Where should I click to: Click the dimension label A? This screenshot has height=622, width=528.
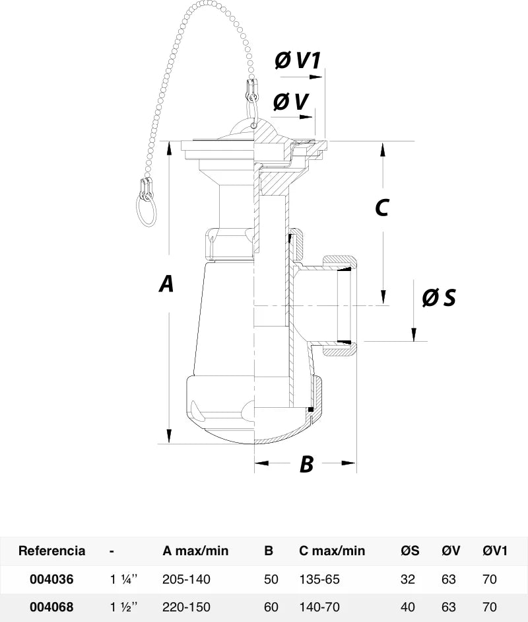click(166, 284)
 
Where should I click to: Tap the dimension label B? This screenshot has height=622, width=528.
click(307, 463)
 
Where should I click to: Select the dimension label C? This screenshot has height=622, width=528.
click(382, 208)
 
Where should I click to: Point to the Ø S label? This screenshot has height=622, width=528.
click(439, 297)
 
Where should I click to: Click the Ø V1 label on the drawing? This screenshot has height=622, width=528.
click(298, 60)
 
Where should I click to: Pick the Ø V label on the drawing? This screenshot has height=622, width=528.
click(291, 102)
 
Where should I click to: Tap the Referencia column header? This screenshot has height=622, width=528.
click(52, 551)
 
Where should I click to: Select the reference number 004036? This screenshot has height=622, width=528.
click(51, 579)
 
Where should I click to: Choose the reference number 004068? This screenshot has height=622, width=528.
click(51, 607)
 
